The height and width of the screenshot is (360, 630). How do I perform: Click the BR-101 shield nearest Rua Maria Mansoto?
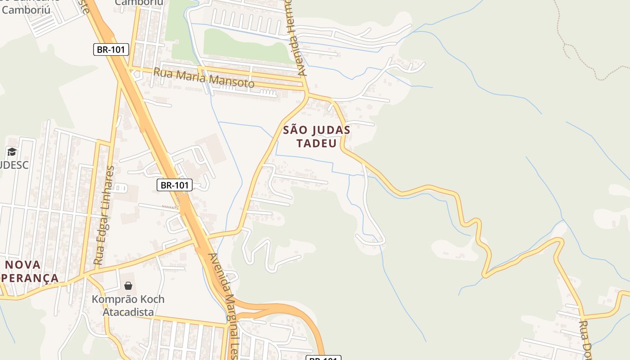coord(111,49)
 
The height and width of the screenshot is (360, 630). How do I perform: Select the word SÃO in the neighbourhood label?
coord(295,130)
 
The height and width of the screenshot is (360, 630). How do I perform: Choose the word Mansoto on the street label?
coord(232,82)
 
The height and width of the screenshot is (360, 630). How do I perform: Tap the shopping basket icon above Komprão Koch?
coord(128,286)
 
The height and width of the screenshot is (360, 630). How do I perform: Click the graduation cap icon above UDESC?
coord(12,152)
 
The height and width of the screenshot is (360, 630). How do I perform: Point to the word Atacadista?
coord(128,312)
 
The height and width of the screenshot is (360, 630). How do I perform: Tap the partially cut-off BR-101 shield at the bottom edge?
coord(323,358)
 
